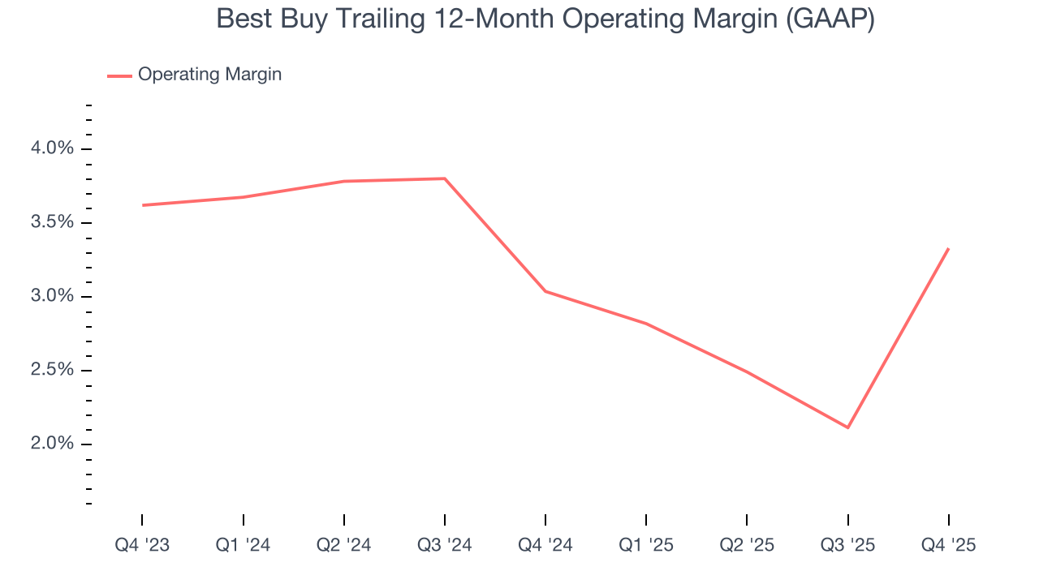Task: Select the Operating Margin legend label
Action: [x=209, y=75]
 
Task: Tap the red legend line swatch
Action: [x=119, y=75]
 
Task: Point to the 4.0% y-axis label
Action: [x=52, y=148]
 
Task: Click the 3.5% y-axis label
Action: [x=52, y=222]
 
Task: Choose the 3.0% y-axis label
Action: [x=52, y=296]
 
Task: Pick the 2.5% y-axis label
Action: [x=52, y=370]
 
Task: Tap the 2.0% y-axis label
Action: [x=52, y=444]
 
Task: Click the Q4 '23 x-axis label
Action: [x=142, y=545]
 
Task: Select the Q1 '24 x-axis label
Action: [x=243, y=545]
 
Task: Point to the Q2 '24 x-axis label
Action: [x=343, y=545]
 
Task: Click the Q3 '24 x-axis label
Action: [x=445, y=545]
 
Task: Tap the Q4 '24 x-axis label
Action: [x=545, y=545]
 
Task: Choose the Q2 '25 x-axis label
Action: [x=747, y=545]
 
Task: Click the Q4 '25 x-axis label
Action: [x=948, y=545]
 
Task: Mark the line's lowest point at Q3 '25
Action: [x=847, y=427]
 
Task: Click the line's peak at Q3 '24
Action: [x=445, y=178]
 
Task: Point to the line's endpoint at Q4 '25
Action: [x=948, y=249]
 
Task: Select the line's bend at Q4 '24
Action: [x=545, y=291]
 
